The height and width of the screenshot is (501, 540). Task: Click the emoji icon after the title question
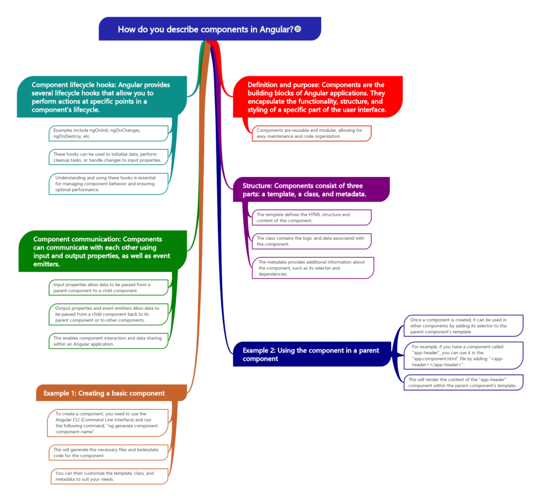click(298, 29)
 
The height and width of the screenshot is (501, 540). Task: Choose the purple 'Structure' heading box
click(312, 190)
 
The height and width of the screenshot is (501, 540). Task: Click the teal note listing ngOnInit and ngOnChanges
click(108, 133)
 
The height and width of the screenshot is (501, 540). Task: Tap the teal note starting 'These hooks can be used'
click(108, 156)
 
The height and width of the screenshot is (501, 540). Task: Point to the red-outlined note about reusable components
click(312, 133)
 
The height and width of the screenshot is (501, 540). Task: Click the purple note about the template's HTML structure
click(312, 217)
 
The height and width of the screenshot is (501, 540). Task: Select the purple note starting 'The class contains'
click(312, 241)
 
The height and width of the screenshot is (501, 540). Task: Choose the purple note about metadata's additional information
click(312, 268)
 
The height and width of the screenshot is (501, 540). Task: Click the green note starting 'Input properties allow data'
click(108, 287)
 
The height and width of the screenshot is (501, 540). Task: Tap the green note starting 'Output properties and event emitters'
click(108, 314)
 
